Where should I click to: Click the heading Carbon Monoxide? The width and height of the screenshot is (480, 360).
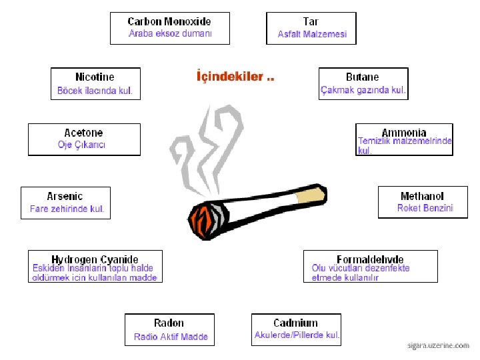tap(169, 21)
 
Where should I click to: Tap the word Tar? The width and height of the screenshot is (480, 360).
tap(311, 21)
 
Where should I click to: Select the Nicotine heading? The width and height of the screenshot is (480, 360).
tap(95, 77)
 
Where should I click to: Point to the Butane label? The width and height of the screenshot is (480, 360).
tap(362, 77)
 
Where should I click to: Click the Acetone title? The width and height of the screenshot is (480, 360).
tap(83, 133)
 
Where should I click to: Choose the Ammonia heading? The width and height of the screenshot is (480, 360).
tap(403, 133)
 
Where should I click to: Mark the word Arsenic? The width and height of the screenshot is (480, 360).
tap(65, 196)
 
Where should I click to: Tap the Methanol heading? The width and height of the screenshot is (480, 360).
tap(422, 196)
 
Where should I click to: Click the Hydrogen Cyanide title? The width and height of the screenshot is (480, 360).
tap(95, 259)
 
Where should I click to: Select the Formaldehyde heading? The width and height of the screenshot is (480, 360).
tap(370, 259)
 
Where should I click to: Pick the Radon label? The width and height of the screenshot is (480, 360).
tap(169, 323)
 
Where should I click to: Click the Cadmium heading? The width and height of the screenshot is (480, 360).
tap(295, 323)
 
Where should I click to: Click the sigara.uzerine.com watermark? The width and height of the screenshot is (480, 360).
tap(438, 346)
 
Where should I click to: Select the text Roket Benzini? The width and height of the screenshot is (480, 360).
tap(425, 208)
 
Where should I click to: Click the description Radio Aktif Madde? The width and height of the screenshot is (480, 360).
tap(171, 337)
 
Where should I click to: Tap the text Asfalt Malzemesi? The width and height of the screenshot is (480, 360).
tap(312, 35)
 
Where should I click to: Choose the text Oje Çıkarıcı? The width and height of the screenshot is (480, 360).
tap(81, 145)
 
